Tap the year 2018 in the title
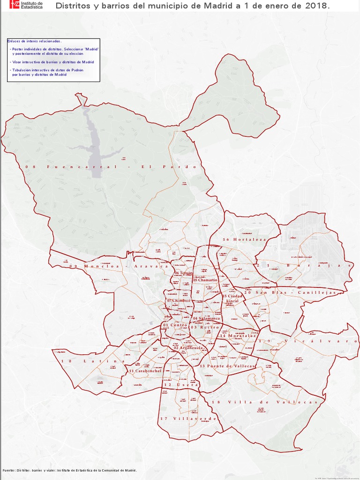tap(318, 6)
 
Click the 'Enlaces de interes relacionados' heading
tap(34, 41)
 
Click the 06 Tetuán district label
tap(184, 273)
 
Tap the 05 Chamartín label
tap(205, 280)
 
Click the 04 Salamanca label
tap(206, 319)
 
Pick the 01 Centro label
tap(175, 325)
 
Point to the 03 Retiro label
tap(204, 327)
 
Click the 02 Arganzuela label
tap(188, 348)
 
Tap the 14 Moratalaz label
tap(238, 336)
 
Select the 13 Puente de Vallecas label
tap(227, 366)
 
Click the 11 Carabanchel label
tap(145, 371)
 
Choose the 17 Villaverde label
tap(188, 419)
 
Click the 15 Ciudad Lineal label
tap(232, 299)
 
